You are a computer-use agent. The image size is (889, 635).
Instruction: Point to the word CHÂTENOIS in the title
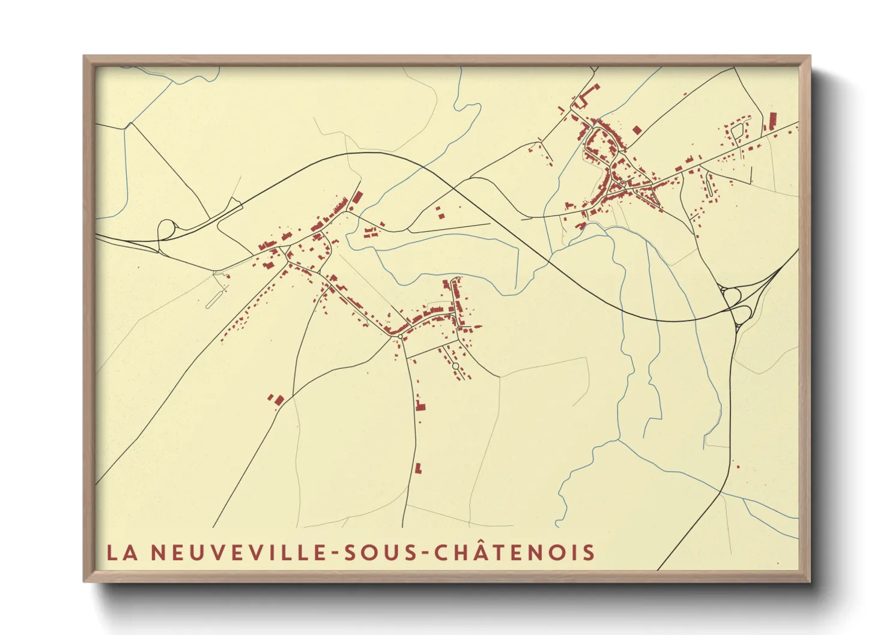coord(515,552)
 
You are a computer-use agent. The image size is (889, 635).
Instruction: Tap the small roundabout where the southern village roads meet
coord(400,337)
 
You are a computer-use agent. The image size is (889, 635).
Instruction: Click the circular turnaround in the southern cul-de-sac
coord(455,366)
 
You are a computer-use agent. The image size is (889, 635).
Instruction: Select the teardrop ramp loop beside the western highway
coord(166,228)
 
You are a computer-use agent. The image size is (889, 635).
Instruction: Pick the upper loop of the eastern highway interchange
coord(732,295)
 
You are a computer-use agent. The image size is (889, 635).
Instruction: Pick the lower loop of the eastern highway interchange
coord(742,313)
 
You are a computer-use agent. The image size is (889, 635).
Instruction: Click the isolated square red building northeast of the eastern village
coord(637,130)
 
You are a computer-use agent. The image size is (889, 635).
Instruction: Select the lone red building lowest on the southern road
coord(418,468)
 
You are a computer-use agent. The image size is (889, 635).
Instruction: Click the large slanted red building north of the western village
coord(357,198)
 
